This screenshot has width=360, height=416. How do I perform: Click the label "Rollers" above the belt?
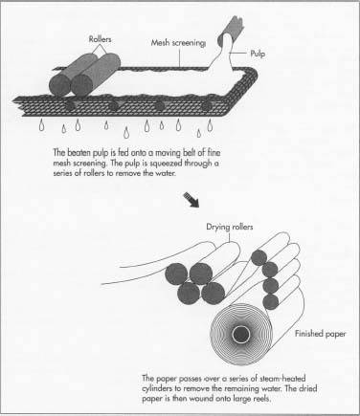pyautogui.click(x=100, y=39)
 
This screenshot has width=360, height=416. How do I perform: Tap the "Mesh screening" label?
pyautogui.click(x=178, y=43)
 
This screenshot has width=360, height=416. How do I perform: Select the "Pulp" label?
pyautogui.click(x=258, y=54)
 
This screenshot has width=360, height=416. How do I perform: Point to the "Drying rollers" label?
pyautogui.click(x=230, y=227)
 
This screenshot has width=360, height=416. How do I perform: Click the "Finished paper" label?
pyautogui.click(x=320, y=334)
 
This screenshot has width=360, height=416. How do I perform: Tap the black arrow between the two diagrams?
pyautogui.click(x=191, y=200)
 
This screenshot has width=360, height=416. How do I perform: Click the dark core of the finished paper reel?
pyautogui.click(x=241, y=334)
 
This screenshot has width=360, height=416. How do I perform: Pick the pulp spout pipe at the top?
pyautogui.click(x=231, y=30)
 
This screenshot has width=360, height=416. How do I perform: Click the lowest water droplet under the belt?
pyautogui.click(x=126, y=133)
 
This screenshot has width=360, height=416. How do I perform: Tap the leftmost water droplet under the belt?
pyautogui.click(x=42, y=125)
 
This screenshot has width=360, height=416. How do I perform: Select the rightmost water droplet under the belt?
pyautogui.click(x=210, y=124)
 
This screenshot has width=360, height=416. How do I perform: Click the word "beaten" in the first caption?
pyautogui.click(x=79, y=153)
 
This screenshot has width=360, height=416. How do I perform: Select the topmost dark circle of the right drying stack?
pyautogui.click(x=259, y=257)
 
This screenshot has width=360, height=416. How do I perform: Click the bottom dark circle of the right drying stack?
pyautogui.click(x=271, y=301)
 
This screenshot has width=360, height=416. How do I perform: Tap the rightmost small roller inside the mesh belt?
pyautogui.click(x=207, y=106)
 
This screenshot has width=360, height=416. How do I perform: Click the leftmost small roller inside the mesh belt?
pyautogui.click(x=70, y=105)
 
